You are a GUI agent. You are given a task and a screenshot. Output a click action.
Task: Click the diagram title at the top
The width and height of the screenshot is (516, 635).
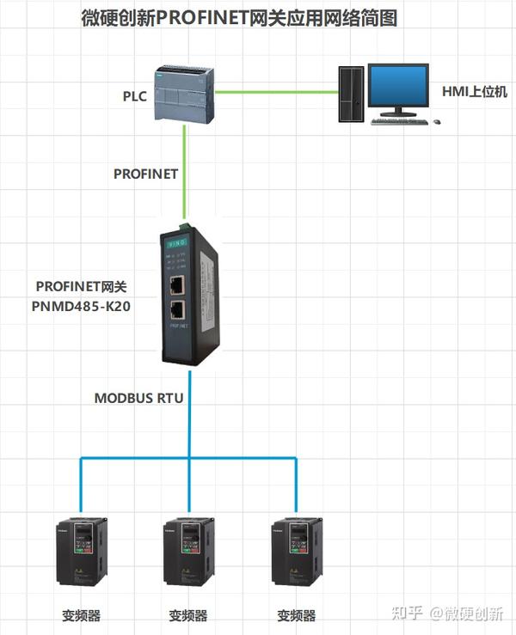coord(257,19)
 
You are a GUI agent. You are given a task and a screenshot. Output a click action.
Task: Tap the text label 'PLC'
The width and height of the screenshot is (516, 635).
coord(135,95)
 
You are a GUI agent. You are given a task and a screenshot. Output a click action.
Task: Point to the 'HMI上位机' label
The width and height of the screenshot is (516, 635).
coord(475,91)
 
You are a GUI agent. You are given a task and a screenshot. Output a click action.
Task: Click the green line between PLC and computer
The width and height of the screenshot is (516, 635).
coord(275,91)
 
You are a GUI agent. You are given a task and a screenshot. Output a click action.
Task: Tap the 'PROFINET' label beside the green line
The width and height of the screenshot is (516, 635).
coord(145,174)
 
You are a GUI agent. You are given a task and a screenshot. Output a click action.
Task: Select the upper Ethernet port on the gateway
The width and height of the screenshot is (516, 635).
coord(176,285)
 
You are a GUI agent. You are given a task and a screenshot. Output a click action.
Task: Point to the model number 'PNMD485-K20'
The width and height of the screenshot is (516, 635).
coord(83,307)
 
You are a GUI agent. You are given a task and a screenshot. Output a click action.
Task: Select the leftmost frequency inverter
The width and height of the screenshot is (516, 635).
coord(81,559)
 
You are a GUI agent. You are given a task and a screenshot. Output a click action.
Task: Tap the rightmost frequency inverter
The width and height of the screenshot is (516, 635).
coord(296,559)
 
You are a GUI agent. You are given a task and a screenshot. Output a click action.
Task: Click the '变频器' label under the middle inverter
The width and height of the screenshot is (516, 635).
coord(188,615)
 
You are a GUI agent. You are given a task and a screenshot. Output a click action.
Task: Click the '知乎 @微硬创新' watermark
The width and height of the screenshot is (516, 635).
coord(446,614)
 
